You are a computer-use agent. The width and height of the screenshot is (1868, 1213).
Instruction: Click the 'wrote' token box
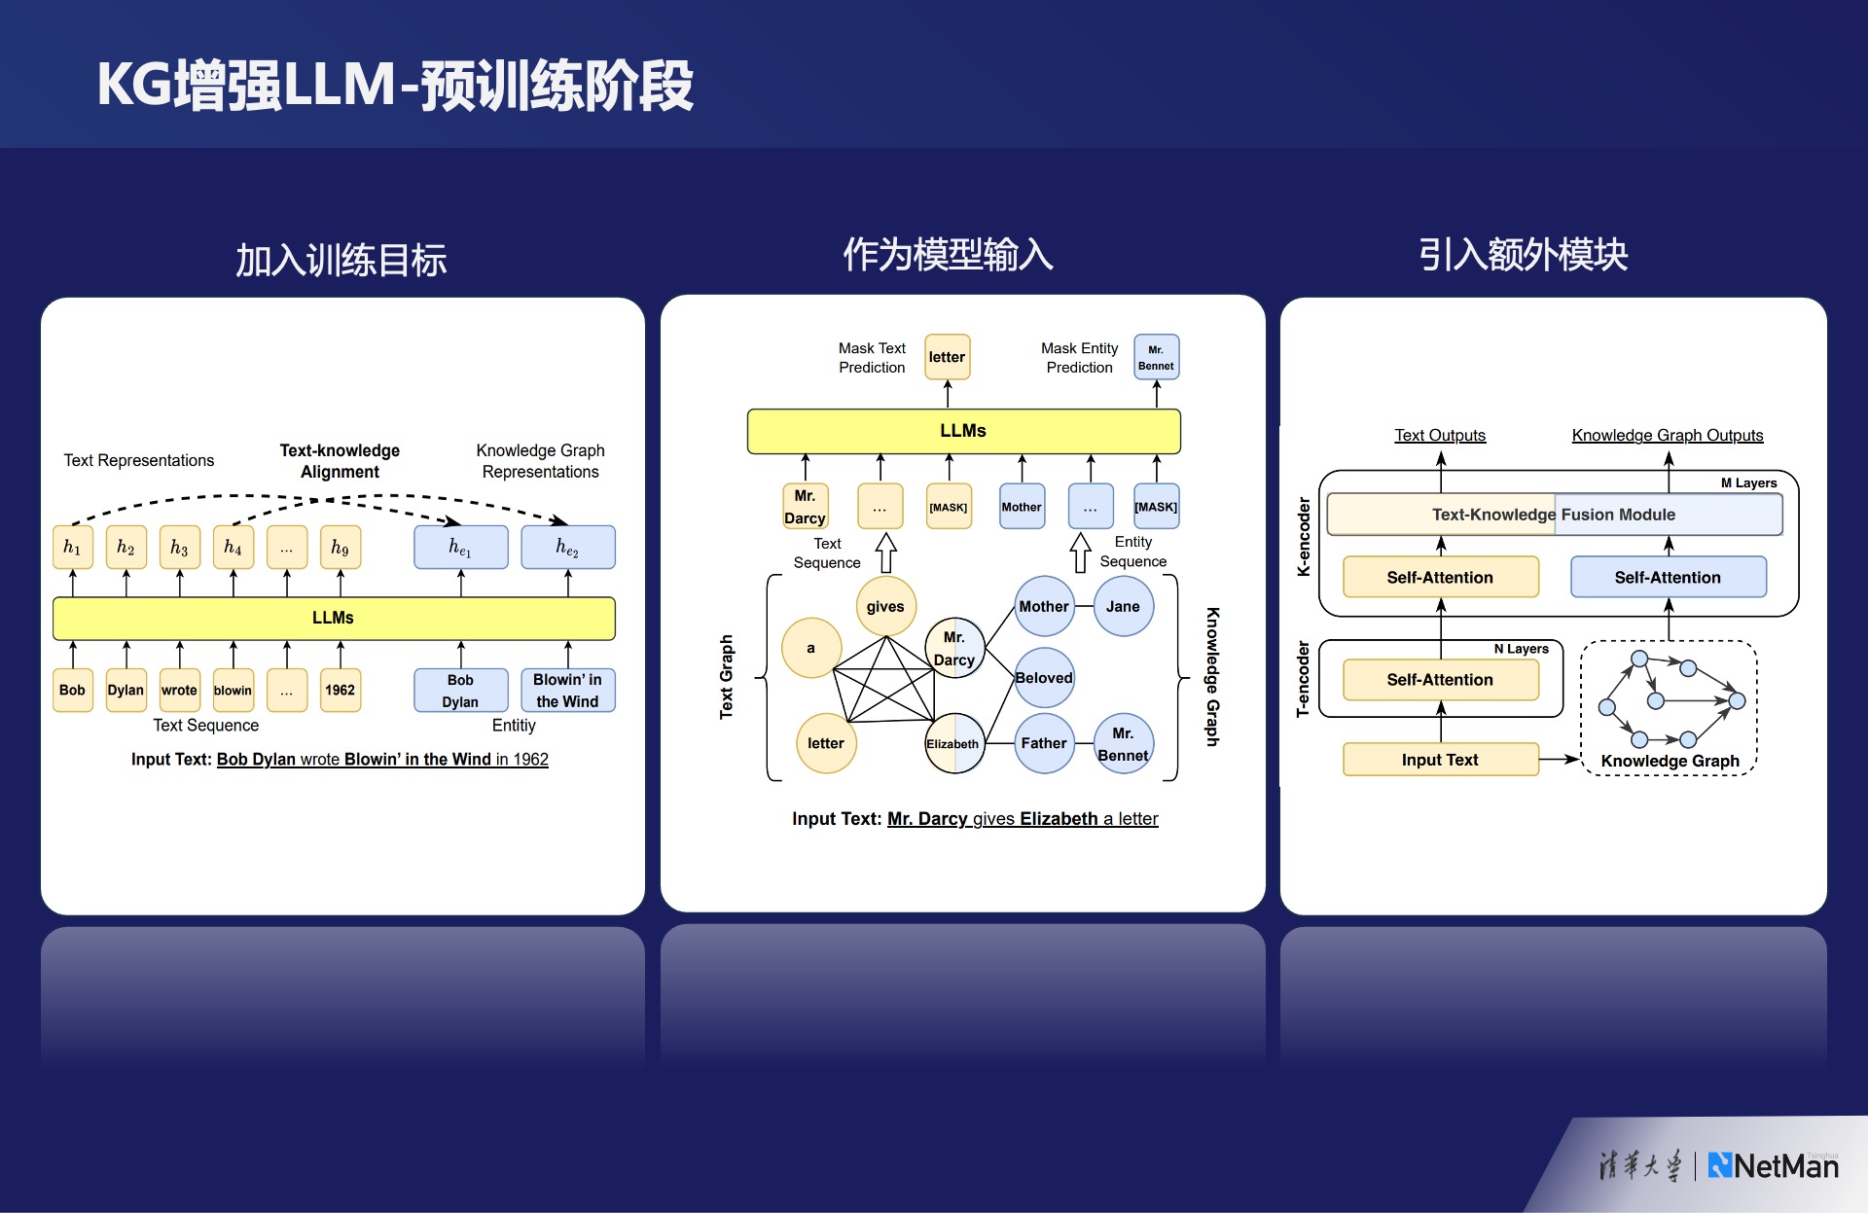click(x=179, y=691)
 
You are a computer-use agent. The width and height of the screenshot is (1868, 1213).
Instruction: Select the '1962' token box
click(x=340, y=691)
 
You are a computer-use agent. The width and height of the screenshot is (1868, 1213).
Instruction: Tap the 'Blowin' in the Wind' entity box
click(x=567, y=691)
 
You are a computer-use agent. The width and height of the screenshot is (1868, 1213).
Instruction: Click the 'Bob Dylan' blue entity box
click(x=460, y=691)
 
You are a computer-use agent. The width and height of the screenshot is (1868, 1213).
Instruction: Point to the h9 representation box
click(x=340, y=548)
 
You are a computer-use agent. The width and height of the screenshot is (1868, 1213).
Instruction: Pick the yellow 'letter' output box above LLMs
click(x=947, y=357)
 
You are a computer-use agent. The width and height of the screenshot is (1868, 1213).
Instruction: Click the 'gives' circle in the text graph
click(x=885, y=606)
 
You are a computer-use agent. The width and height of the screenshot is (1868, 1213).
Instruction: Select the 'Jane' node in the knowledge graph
click(x=1123, y=606)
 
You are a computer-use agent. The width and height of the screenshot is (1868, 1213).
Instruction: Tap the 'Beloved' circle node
click(x=1044, y=678)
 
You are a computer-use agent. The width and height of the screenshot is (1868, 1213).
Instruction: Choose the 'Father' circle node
click(x=1044, y=743)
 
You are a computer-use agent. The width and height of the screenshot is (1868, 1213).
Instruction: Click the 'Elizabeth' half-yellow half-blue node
click(x=953, y=744)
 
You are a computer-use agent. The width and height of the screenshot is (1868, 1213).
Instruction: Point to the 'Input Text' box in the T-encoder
click(x=1440, y=760)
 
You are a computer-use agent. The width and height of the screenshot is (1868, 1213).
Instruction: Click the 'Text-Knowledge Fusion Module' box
click(x=1554, y=515)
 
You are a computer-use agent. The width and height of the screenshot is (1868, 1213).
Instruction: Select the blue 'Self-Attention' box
click(x=1668, y=578)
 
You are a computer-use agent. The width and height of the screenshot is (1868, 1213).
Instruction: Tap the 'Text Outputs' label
click(x=1440, y=436)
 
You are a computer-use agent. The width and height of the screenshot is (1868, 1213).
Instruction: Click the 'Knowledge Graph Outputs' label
click(x=1668, y=436)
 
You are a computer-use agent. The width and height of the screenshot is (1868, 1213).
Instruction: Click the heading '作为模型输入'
click(x=948, y=255)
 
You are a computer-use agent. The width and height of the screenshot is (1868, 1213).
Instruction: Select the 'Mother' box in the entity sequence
click(x=1022, y=507)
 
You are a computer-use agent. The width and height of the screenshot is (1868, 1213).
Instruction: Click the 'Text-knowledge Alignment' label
click(x=340, y=461)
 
